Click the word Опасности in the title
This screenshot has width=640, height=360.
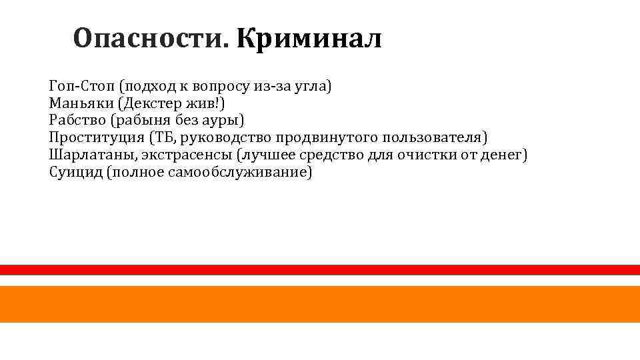tap(150, 39)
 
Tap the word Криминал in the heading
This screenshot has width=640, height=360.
tap(309, 39)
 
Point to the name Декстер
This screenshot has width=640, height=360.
tap(156, 103)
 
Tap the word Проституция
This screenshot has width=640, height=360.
tap(96, 138)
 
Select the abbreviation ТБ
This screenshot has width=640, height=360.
tap(161, 138)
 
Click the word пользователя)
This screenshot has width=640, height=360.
tap(435, 138)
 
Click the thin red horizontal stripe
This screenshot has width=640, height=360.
tap(320, 269)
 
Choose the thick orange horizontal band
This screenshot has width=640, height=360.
tap(320, 304)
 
